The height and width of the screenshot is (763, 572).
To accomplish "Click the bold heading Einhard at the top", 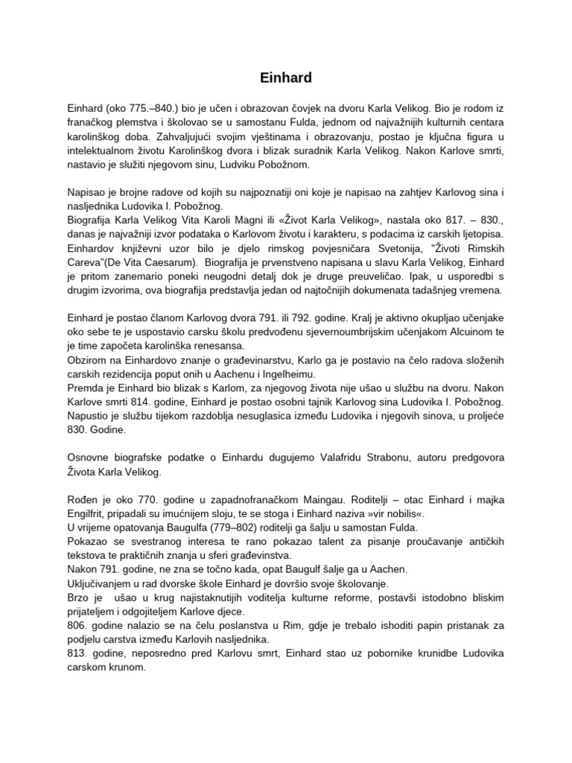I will (x=286, y=77).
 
